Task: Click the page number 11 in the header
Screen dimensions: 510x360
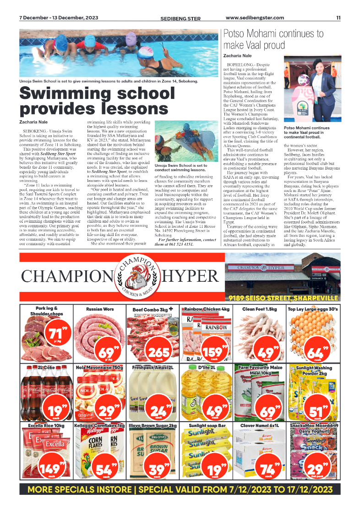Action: click(338, 18)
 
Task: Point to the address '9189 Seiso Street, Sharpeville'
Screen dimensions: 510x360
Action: click(284, 298)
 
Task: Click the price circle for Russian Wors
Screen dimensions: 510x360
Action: click(107, 352)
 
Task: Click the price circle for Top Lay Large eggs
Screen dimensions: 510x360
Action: click(315, 352)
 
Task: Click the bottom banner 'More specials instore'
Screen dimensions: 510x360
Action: click(180, 489)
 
